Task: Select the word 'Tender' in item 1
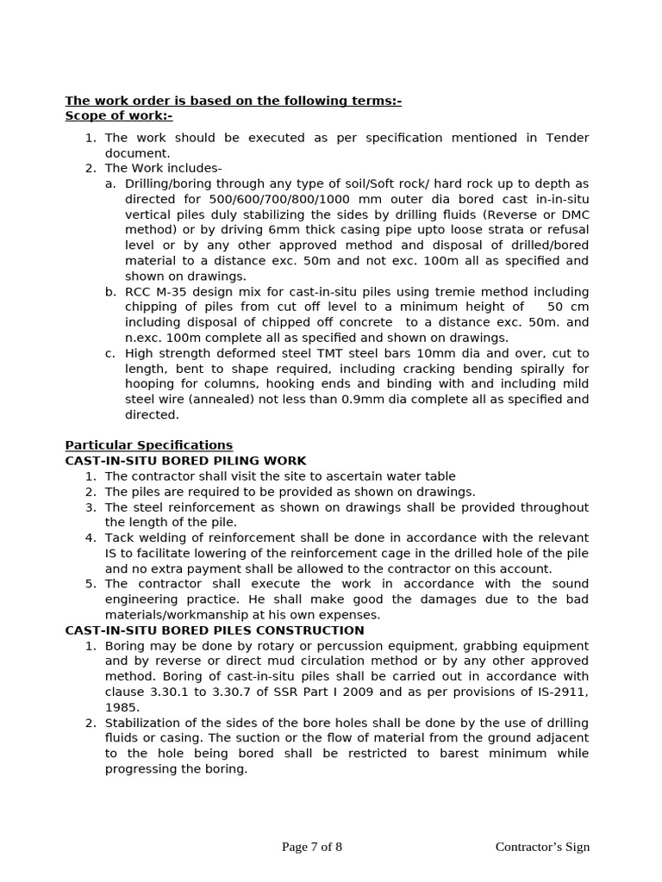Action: click(568, 138)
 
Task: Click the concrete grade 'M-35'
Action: click(173, 292)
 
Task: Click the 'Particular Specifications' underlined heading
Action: click(149, 445)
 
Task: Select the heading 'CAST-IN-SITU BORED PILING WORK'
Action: click(185, 461)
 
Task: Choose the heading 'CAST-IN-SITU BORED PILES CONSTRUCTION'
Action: click(215, 630)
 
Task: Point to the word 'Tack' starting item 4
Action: click(120, 538)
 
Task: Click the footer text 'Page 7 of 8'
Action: click(312, 847)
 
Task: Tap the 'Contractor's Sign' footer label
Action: click(542, 847)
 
